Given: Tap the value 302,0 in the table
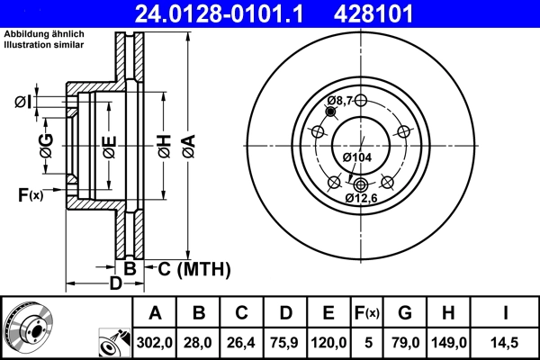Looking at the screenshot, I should pyautogui.click(x=155, y=341).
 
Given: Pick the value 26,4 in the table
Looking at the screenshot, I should pyautogui.click(x=242, y=341).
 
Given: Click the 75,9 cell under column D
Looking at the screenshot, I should pyautogui.click(x=285, y=341).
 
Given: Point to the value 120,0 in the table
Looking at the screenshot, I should pyautogui.click(x=328, y=341).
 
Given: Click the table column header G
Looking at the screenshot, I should pyautogui.click(x=405, y=313).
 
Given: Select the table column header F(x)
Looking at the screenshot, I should pyautogui.click(x=368, y=313).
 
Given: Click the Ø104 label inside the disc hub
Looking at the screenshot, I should pyautogui.click(x=357, y=157).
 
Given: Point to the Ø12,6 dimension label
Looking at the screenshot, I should pyautogui.click(x=361, y=197).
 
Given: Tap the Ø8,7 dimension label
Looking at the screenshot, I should pyautogui.click(x=340, y=99).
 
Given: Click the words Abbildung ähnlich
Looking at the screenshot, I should pyautogui.click(x=44, y=34).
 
